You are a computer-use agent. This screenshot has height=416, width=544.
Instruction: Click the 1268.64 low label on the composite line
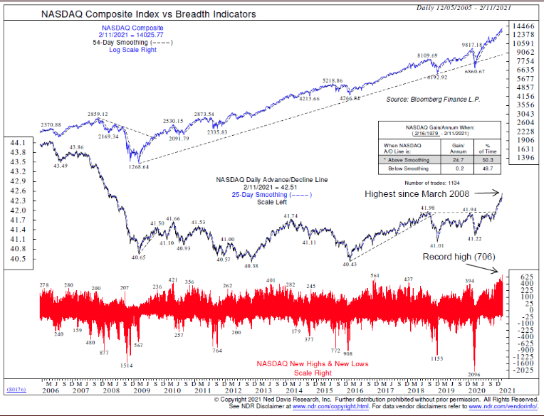pos(134,167)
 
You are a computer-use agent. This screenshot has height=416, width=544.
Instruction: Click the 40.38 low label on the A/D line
pos(250,265)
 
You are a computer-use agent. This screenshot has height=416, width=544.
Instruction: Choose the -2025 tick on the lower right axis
pos(525,370)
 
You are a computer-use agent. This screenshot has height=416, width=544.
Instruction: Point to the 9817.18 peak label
pos(476,44)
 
